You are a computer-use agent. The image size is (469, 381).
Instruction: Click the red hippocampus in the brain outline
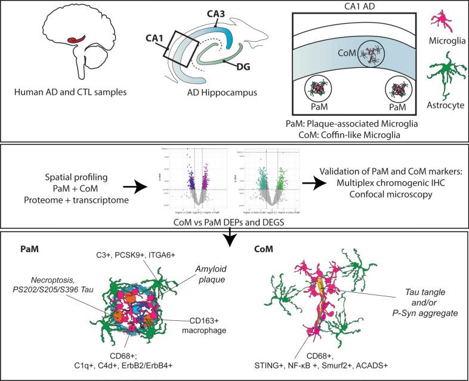pyautogui.click(x=75, y=42)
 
